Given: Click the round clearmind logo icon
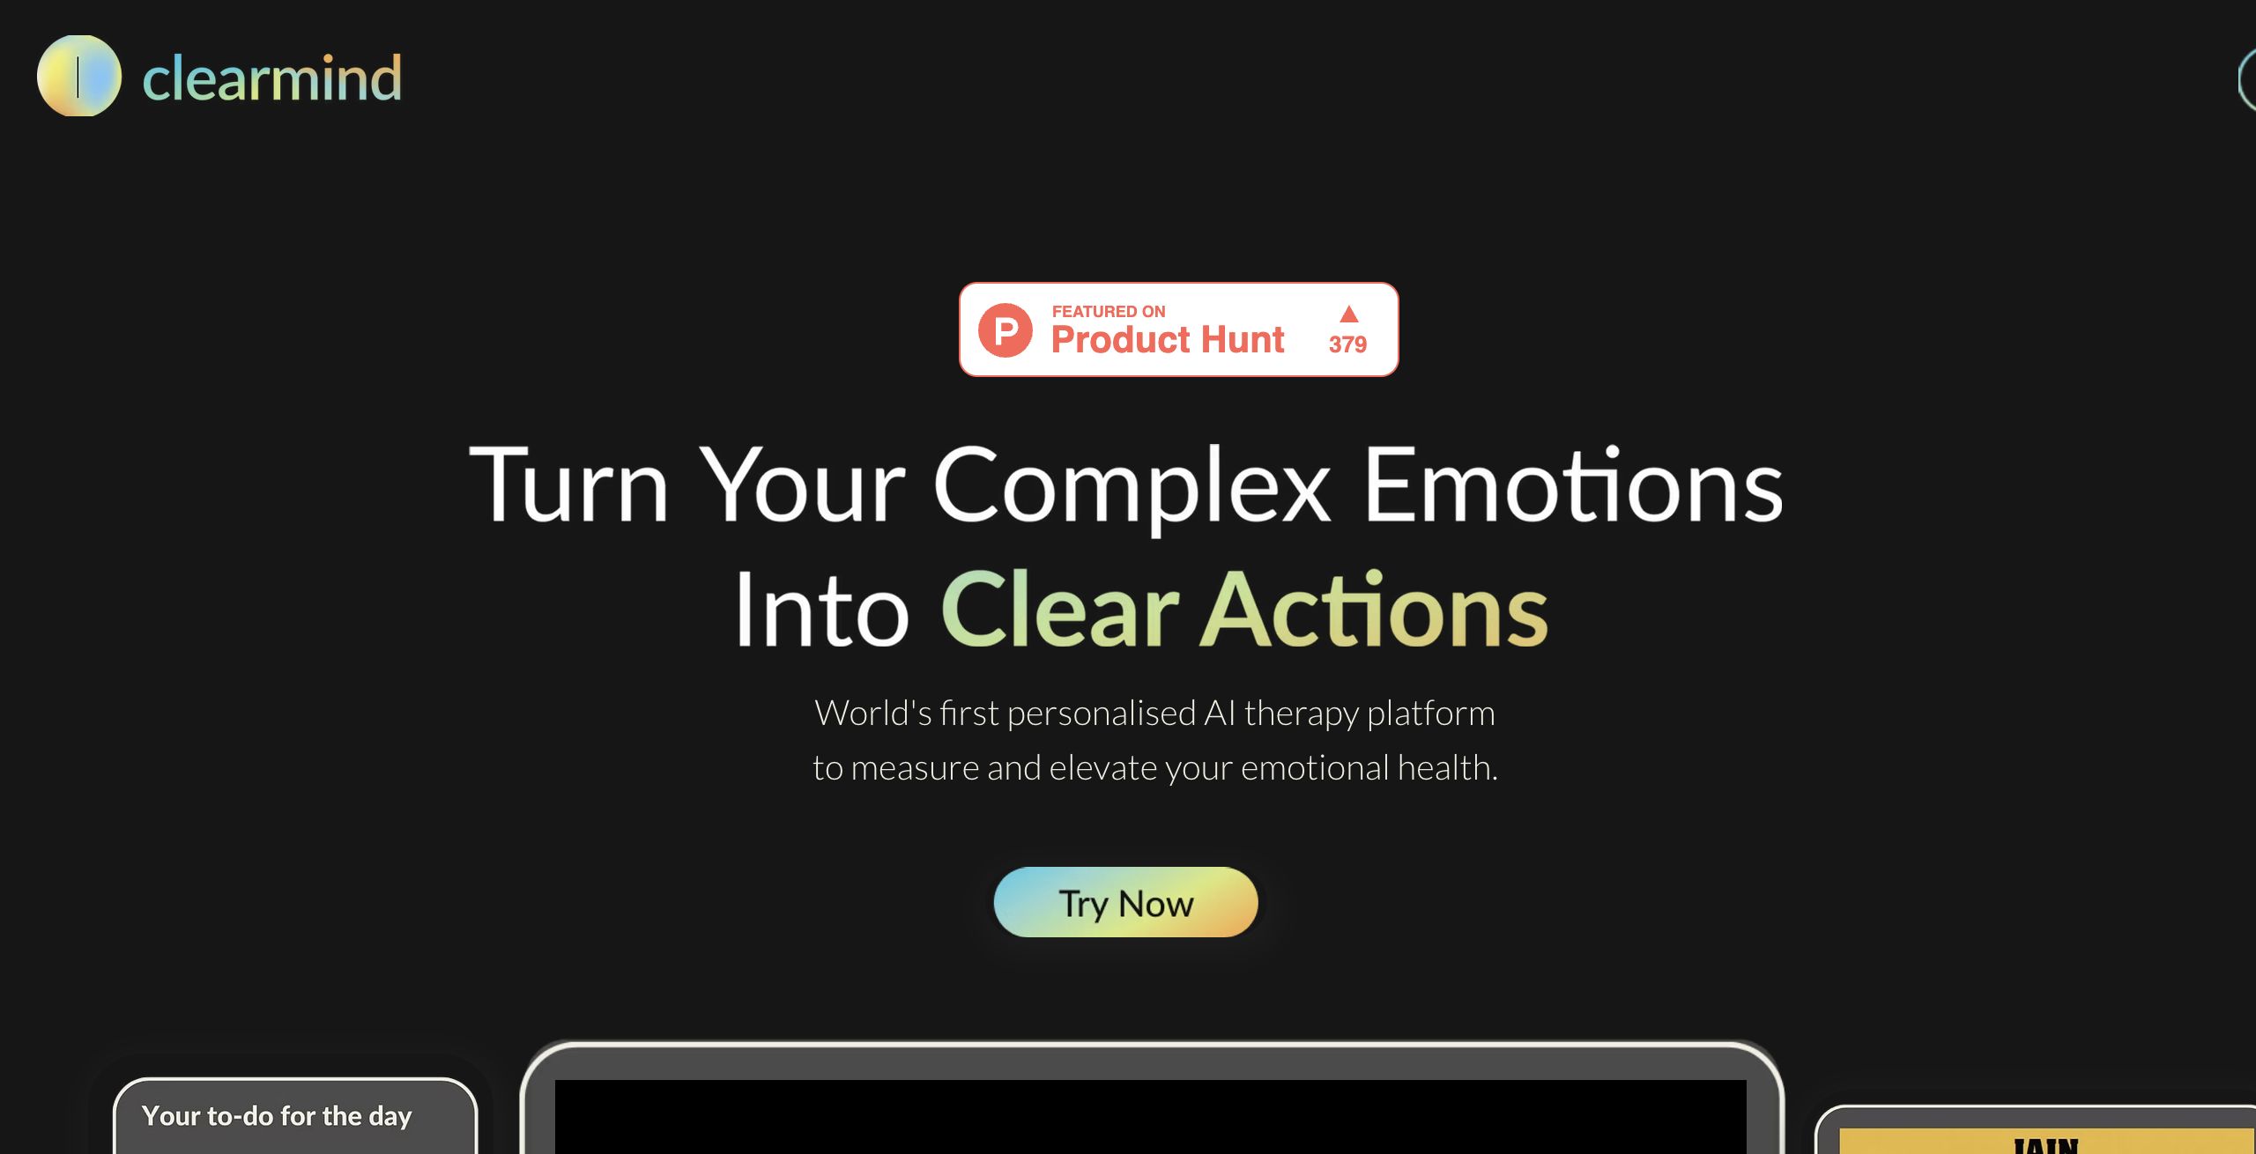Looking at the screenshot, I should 78,76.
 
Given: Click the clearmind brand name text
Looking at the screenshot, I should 271,78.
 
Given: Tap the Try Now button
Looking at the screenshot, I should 1125,903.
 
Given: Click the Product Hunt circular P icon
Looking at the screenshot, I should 1006,330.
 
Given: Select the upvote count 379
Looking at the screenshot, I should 1347,344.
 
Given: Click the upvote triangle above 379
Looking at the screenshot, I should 1348,314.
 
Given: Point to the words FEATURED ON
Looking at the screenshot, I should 1108,311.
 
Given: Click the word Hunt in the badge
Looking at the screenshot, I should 1243,340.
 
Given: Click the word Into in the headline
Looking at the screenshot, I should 821,610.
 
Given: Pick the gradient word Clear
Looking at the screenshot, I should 1059,610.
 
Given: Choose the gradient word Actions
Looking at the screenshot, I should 1373,610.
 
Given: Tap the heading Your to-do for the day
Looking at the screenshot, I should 277,1116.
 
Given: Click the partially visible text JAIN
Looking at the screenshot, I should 2045,1145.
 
